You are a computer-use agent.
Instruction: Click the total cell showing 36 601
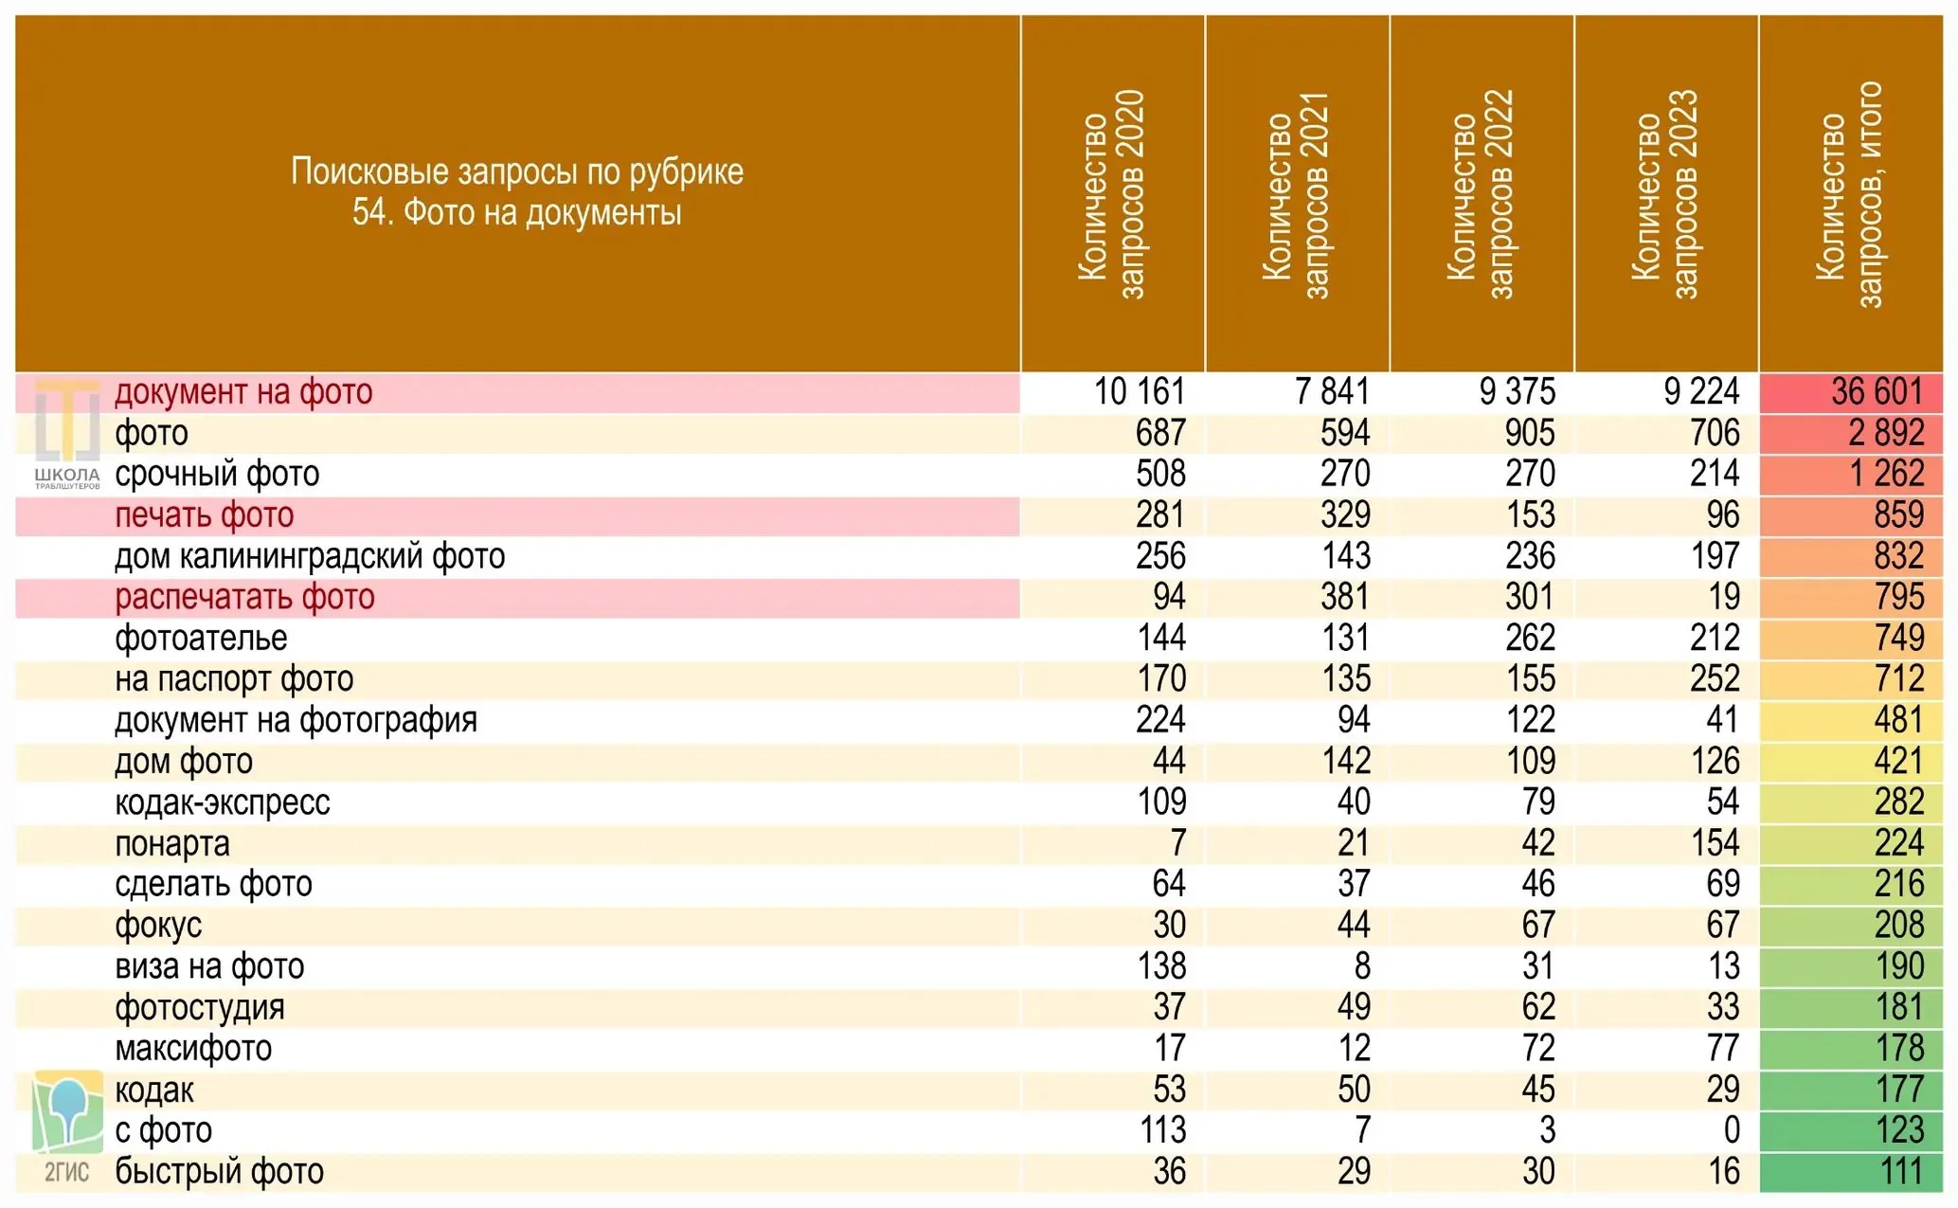(x=1877, y=392)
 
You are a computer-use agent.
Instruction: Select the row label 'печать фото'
(x=205, y=515)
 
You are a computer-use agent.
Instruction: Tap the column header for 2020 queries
(x=1112, y=194)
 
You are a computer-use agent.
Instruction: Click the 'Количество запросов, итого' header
(x=1850, y=194)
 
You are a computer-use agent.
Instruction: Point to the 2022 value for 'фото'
(x=1530, y=433)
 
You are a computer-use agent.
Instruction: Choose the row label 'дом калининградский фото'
(x=310, y=556)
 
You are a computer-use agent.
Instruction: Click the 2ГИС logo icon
(x=67, y=1127)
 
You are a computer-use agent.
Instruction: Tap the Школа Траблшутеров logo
(x=67, y=435)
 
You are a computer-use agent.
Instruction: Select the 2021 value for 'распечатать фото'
(x=1345, y=597)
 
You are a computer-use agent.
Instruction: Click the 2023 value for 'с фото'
(x=1731, y=1130)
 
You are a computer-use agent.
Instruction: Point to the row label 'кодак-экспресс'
(x=223, y=802)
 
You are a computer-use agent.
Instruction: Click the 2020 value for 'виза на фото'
(x=1161, y=966)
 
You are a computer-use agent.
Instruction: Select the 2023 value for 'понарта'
(x=1715, y=843)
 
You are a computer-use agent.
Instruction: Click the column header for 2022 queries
(x=1482, y=194)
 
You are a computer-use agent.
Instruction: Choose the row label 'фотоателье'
(x=201, y=639)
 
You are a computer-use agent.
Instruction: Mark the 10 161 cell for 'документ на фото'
(x=1140, y=392)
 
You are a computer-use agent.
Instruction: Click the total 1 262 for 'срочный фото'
(x=1887, y=474)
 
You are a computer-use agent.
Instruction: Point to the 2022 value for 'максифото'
(x=1539, y=1049)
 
